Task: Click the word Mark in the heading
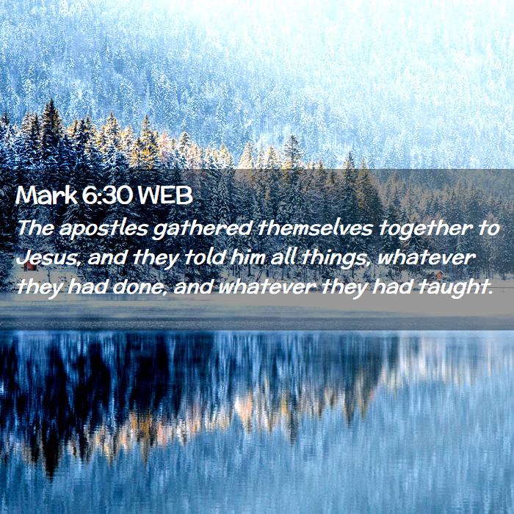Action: point(46,195)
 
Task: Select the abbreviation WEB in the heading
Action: point(165,195)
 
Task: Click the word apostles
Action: point(104,229)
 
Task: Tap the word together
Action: point(425,228)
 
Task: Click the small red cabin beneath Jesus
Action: point(30,266)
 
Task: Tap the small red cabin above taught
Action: point(438,275)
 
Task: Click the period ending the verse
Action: point(491,294)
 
